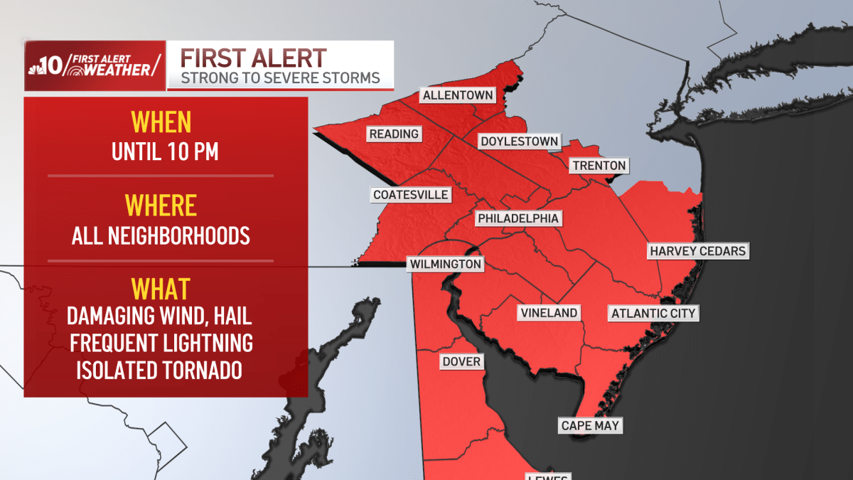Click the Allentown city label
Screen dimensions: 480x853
coord(456,95)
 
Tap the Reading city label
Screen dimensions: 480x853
coord(394,134)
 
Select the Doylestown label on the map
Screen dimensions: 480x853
coord(519,142)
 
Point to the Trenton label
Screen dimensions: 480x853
coord(599,166)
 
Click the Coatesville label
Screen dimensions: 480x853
coord(411,195)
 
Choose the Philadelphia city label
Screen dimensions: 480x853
coord(518,218)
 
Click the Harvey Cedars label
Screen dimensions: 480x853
coord(697,251)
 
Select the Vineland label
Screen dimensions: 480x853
coord(549,313)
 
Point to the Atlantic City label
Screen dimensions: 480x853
coord(654,313)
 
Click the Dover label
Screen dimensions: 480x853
coord(461,362)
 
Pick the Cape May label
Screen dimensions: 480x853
coord(590,426)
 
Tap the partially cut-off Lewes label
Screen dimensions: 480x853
coord(547,476)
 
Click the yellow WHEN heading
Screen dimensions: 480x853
coord(161,122)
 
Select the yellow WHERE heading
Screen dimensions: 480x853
coord(161,206)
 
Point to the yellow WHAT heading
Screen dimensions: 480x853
coord(161,289)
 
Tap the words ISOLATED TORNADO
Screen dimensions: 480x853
coord(161,370)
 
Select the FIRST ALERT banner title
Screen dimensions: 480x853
coord(254,58)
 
